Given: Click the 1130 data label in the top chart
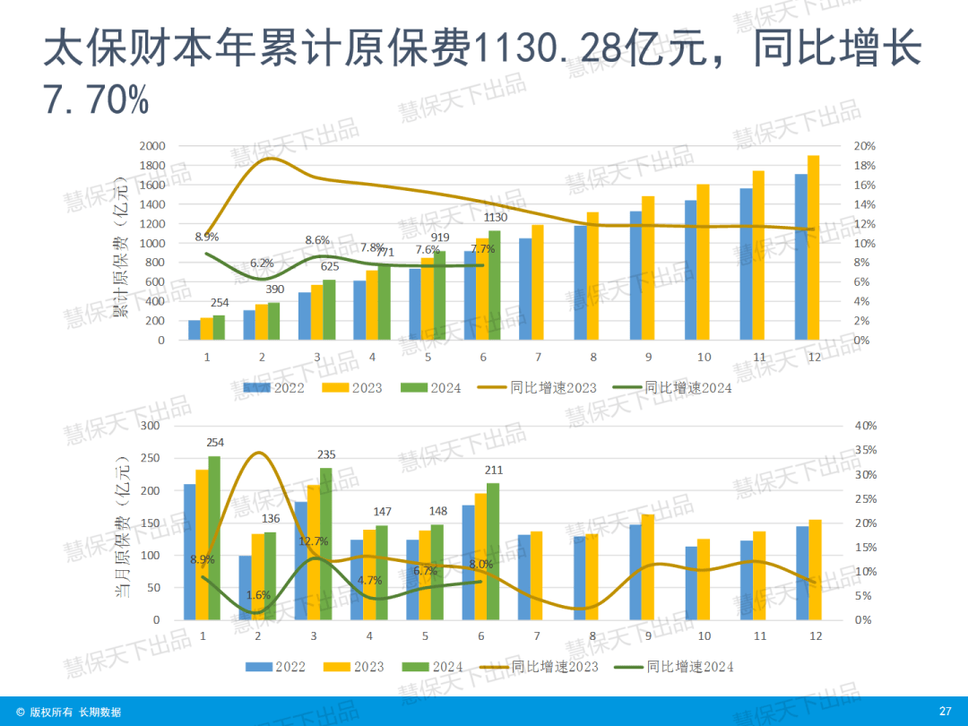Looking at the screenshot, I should (x=496, y=218).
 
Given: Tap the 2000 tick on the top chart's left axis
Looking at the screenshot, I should (x=153, y=146).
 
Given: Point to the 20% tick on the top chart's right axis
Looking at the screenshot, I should (x=864, y=146).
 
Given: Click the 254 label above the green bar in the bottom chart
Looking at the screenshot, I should (x=215, y=443).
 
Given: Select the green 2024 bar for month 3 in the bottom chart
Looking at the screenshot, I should (x=325, y=543).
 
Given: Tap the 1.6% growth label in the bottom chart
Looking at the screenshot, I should (x=257, y=595).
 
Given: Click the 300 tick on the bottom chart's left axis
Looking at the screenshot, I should (x=150, y=426).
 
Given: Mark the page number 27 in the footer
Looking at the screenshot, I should (x=945, y=712).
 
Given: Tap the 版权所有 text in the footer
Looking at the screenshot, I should (x=52, y=713).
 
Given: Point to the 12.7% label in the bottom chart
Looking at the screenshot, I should (x=314, y=541).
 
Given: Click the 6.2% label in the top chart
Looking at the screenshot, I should (x=262, y=263).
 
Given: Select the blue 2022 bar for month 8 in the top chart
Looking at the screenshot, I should (x=580, y=282).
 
